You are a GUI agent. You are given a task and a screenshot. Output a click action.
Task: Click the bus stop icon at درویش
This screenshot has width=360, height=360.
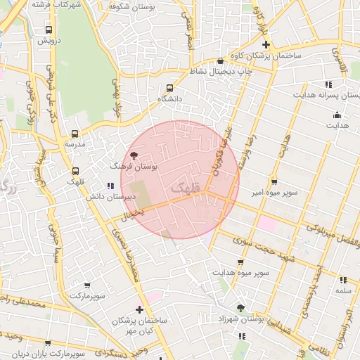(x=49, y=30)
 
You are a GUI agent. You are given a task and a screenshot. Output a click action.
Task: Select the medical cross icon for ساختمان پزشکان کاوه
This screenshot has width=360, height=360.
(x=266, y=44)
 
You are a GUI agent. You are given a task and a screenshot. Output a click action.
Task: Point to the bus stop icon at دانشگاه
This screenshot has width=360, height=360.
(x=169, y=89)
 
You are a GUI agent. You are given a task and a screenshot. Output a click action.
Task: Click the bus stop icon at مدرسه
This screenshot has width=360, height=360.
(x=75, y=133)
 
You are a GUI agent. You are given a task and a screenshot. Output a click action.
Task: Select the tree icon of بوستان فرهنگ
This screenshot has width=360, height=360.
(x=134, y=155)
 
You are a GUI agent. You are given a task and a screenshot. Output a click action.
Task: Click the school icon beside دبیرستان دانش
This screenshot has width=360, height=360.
(x=110, y=186)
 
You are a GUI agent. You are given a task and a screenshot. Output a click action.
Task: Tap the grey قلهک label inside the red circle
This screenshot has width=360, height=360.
(x=185, y=188)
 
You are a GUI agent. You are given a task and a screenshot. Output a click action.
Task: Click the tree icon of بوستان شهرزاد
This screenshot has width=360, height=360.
(x=241, y=308)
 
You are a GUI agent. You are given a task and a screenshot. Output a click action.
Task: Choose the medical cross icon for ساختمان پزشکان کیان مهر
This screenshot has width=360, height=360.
(x=140, y=309)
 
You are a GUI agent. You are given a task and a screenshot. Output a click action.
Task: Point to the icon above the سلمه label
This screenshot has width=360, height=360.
(x=343, y=280)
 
